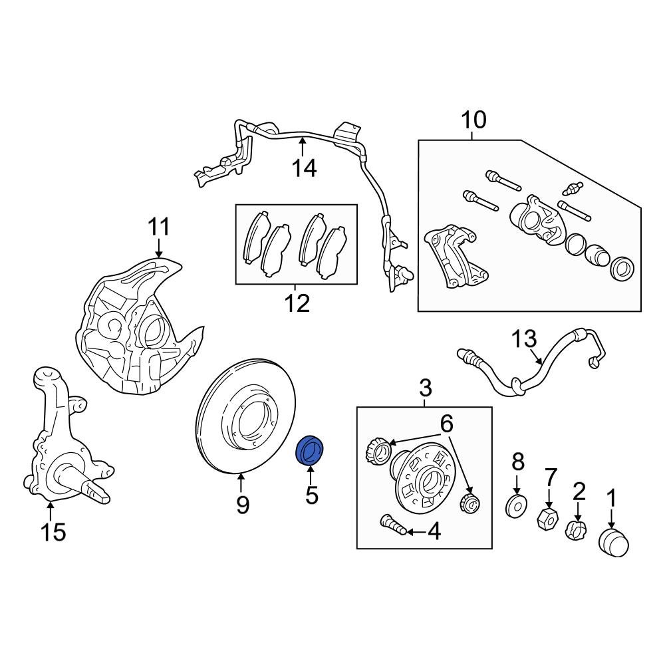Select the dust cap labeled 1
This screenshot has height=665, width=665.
[614, 542]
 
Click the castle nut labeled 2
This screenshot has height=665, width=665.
[577, 531]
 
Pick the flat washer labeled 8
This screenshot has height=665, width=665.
[516, 505]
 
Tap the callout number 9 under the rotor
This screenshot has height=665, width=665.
[243, 505]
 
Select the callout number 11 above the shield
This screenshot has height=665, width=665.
[159, 227]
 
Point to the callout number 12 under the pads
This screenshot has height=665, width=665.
[297, 304]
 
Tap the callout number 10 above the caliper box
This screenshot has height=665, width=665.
[474, 120]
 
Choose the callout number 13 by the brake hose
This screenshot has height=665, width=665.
[524, 339]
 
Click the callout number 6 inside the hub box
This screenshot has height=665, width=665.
[446, 422]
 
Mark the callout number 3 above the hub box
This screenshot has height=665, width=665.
[426, 386]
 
